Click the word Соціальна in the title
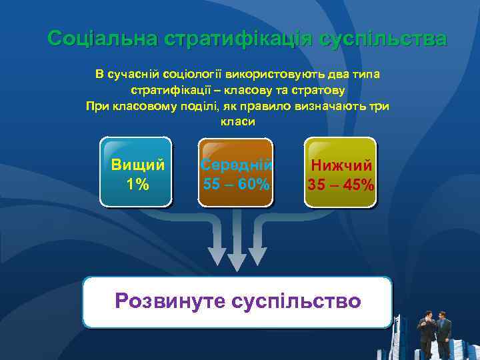click(102, 39)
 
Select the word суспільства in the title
click(382, 39)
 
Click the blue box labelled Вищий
click(136, 172)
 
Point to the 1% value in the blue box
click(138, 184)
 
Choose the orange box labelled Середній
click(237, 172)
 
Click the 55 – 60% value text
click(237, 184)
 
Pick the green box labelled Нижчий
click(340, 172)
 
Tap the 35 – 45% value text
click(341, 184)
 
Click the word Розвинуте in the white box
click(170, 301)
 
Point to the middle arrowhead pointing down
click(237, 263)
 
